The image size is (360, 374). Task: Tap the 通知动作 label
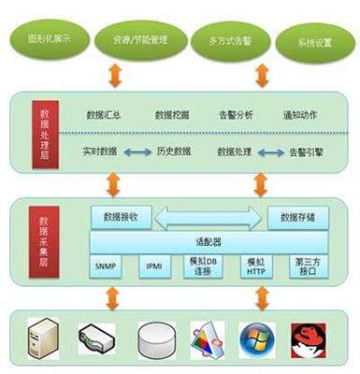(x=299, y=115)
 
